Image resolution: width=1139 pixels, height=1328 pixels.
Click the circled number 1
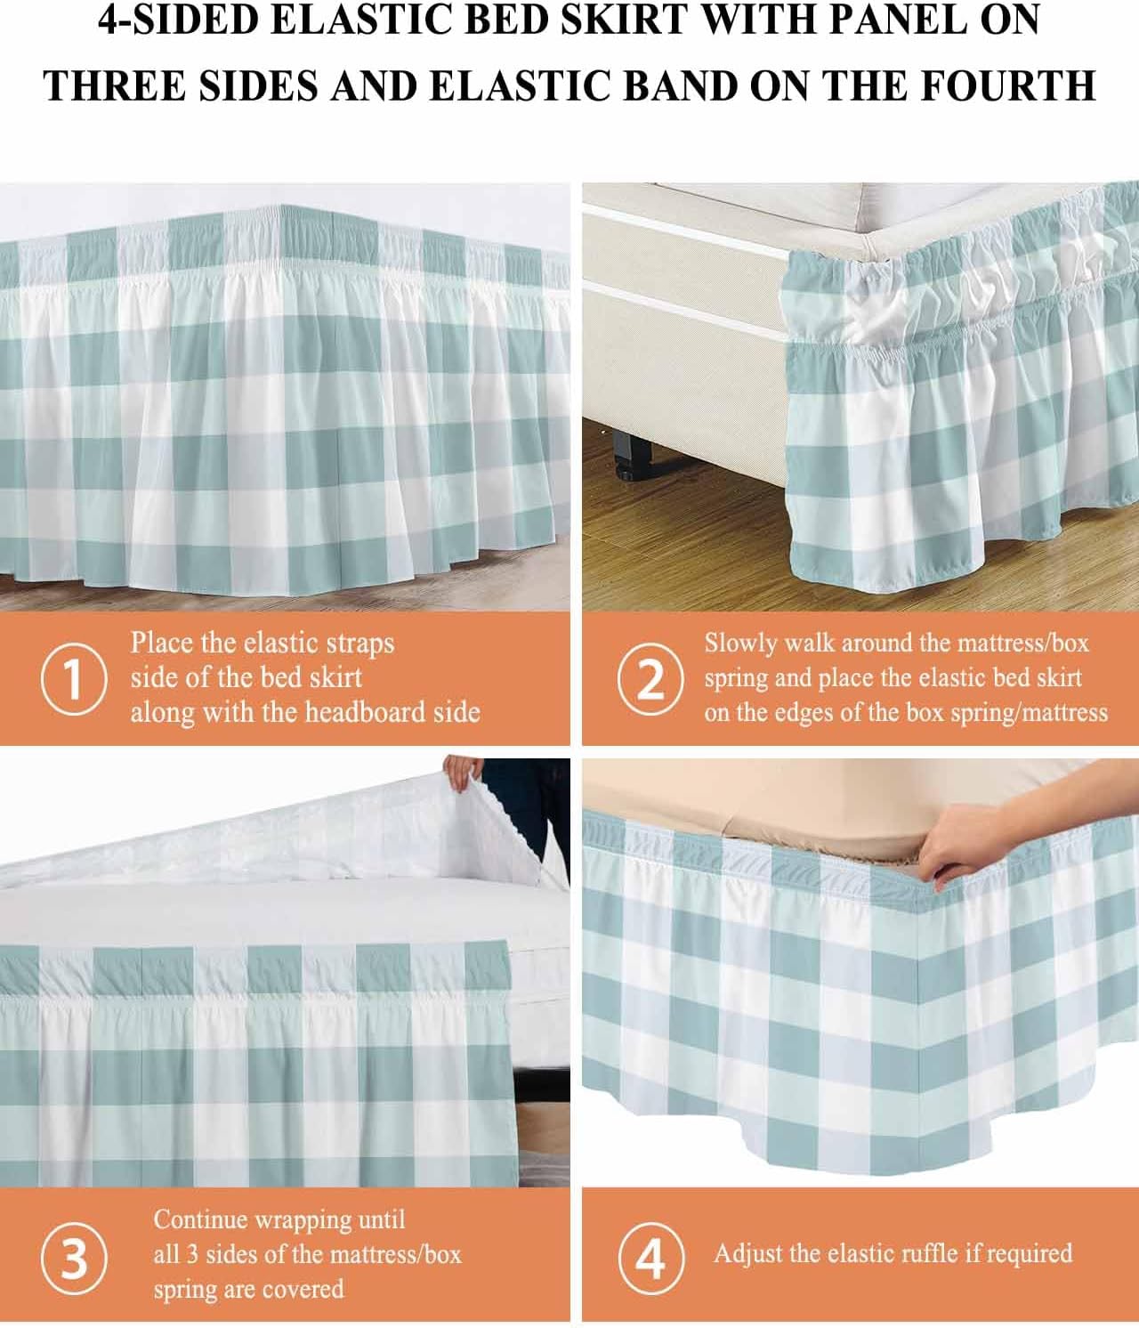pos(74,678)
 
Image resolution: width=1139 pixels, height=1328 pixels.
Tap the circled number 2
pos(650,678)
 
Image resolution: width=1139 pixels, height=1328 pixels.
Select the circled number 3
pos(74,1259)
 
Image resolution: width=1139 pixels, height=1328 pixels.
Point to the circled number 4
pos(651,1259)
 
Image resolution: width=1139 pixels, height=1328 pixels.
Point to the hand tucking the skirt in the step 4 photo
pos(979,841)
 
